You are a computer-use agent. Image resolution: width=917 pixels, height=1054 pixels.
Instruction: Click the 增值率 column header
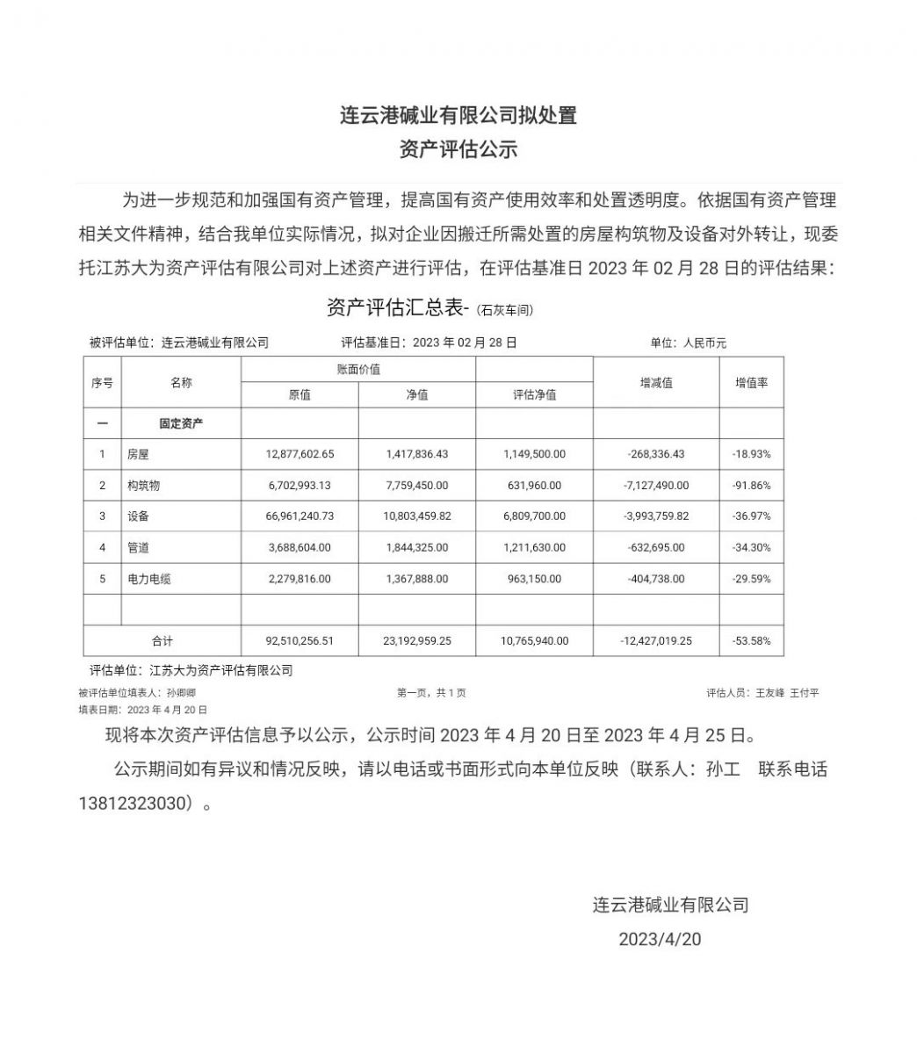point(751,383)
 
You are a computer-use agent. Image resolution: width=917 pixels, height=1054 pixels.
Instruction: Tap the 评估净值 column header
point(534,395)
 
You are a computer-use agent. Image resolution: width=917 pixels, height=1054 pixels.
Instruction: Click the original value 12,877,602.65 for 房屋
point(300,454)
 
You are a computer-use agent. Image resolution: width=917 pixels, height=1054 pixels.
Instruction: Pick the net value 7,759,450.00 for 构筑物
point(416,485)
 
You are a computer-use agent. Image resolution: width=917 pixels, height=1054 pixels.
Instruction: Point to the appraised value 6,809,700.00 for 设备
point(534,516)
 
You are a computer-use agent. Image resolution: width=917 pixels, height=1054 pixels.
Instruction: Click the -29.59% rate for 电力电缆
point(751,579)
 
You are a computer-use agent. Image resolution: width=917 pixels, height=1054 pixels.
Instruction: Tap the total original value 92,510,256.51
point(300,641)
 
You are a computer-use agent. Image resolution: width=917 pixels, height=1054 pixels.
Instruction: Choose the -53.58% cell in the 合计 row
point(751,641)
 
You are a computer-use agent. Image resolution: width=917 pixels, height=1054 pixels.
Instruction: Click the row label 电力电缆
point(149,579)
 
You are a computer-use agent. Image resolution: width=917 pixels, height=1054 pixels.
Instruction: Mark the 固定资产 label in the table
point(181,423)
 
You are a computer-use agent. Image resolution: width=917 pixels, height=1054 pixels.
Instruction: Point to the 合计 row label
point(162,641)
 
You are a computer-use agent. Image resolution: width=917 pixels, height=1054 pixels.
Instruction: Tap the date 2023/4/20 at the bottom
point(660,938)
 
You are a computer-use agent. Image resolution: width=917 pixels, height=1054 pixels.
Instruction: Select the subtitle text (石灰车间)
point(505,310)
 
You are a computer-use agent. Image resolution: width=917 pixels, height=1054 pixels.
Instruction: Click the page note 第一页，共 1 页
point(431,693)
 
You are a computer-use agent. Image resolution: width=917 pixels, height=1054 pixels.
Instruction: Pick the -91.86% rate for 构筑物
point(751,485)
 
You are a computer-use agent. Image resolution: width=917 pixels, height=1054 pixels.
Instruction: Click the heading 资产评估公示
point(458,149)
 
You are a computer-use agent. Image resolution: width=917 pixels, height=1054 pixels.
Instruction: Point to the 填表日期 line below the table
point(142,709)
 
